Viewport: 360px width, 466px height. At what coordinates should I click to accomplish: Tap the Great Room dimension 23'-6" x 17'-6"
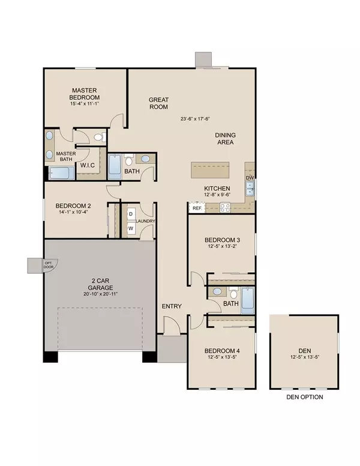click(198, 120)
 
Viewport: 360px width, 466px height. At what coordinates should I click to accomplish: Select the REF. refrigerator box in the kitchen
click(196, 208)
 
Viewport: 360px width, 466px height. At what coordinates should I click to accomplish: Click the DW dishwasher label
click(250, 178)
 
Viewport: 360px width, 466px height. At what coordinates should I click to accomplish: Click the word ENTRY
click(172, 307)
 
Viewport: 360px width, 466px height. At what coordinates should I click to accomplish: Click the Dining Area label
click(224, 139)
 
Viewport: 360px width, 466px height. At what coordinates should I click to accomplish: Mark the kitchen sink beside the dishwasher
click(250, 190)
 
